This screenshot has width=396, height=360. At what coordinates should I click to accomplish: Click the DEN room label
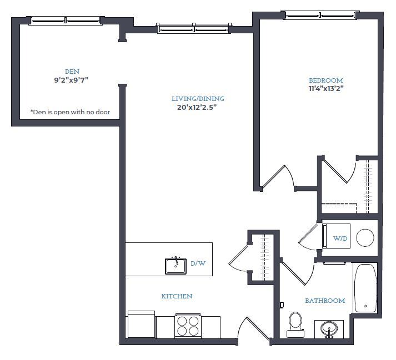click(x=72, y=71)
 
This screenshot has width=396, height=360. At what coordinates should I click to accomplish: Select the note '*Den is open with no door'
click(x=70, y=112)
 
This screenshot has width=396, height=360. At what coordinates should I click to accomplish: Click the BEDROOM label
click(x=326, y=80)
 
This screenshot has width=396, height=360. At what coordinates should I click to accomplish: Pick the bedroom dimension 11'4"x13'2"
click(x=326, y=88)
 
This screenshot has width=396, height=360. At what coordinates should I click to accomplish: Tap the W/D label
click(x=340, y=239)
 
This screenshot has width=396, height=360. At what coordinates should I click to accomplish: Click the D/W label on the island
click(x=198, y=263)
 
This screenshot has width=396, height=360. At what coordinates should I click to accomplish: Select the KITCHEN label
click(x=177, y=296)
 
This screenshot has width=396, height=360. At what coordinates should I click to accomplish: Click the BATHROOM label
click(x=325, y=301)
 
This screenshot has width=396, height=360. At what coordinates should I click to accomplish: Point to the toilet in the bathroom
click(x=295, y=323)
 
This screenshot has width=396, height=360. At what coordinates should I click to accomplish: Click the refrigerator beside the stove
click(x=141, y=324)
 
